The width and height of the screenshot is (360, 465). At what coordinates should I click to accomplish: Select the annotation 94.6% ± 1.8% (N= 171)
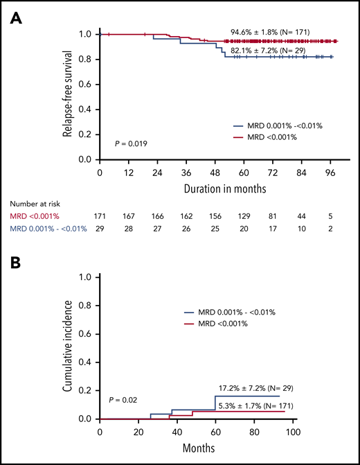click(270, 32)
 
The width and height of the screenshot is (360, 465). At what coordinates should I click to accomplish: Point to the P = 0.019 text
click(131, 143)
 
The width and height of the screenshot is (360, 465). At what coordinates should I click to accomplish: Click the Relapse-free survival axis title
click(67, 96)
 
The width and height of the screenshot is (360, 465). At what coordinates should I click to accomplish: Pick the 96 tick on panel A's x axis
click(332, 171)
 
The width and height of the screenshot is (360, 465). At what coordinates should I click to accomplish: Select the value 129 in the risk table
click(246, 217)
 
